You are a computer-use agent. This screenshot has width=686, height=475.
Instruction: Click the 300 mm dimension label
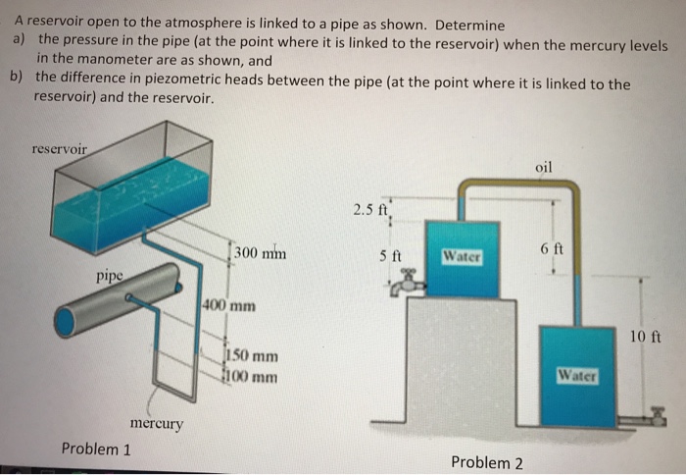tap(260, 253)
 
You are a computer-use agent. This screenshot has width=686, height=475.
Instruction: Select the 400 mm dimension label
tap(228, 304)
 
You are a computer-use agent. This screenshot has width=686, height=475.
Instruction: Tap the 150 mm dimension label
tap(252, 356)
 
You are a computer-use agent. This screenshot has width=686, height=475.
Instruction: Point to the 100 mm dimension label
tap(252, 376)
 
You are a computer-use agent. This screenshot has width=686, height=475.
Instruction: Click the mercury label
tap(156, 423)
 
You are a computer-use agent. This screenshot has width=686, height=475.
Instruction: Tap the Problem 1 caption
tap(96, 449)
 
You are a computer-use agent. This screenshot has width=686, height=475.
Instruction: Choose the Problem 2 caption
tap(486, 461)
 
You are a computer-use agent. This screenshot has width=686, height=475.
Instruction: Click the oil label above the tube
tap(545, 167)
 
